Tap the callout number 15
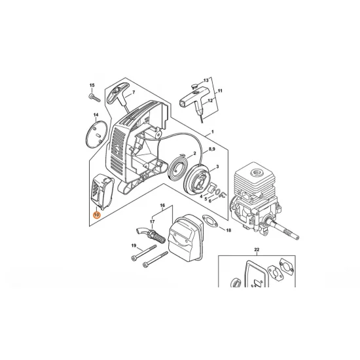click(92, 86)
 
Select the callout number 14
click(96, 115)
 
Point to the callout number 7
click(134, 93)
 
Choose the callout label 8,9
click(211, 150)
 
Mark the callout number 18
click(228, 231)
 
